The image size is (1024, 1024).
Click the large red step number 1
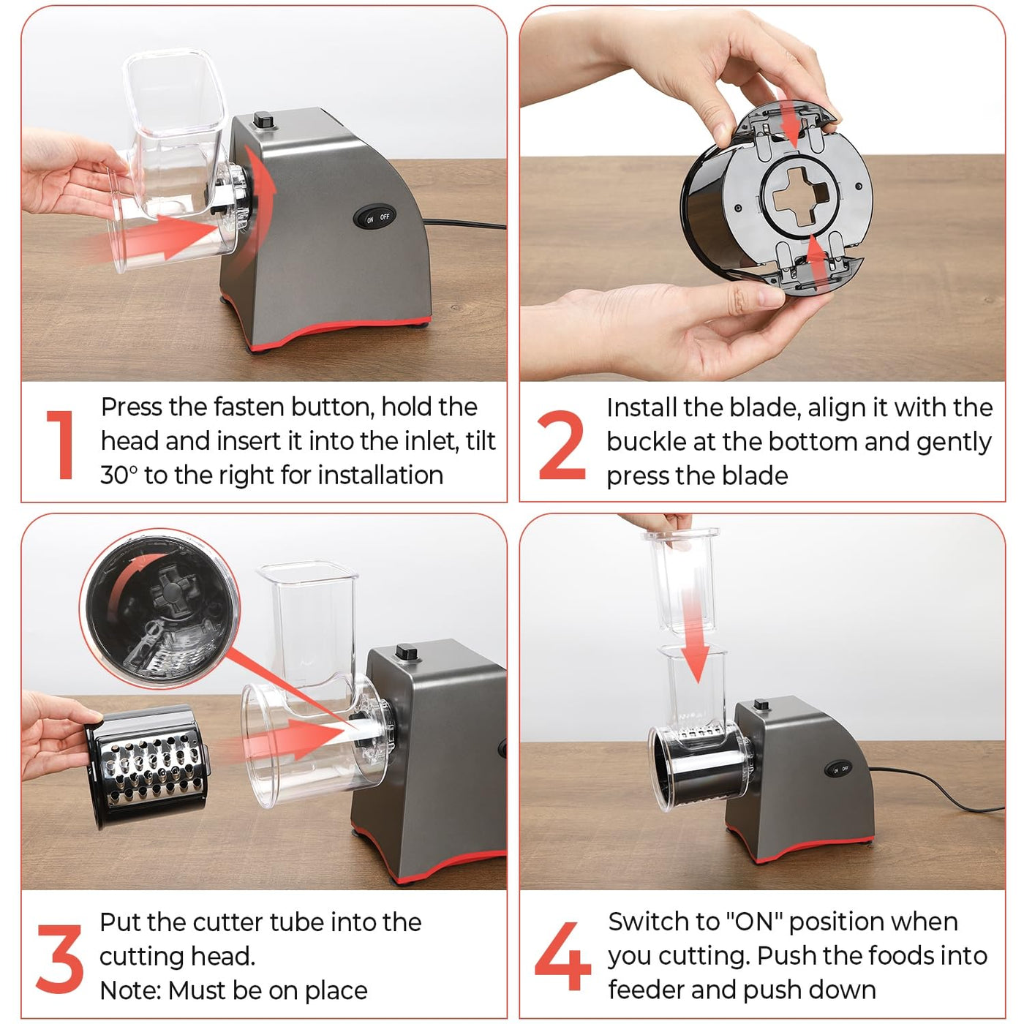(x=61, y=445)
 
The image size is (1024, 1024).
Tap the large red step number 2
(x=562, y=445)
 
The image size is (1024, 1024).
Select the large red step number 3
(x=59, y=958)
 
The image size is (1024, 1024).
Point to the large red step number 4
(x=562, y=957)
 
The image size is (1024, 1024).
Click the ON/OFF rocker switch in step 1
(x=374, y=217)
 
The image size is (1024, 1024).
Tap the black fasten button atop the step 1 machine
(x=263, y=120)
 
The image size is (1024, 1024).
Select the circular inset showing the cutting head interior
(x=159, y=610)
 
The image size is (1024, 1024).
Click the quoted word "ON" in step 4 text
(x=754, y=922)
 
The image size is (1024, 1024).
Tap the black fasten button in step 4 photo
(x=761, y=704)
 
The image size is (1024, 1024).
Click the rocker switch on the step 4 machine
(x=838, y=769)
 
